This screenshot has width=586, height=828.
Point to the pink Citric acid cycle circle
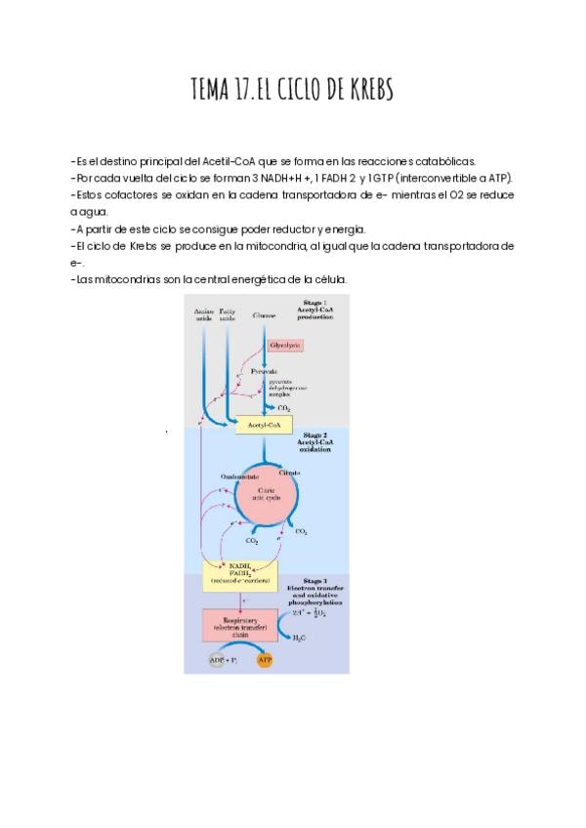[266, 494]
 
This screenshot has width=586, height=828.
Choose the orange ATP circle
[265, 660]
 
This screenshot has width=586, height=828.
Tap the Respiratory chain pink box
[239, 625]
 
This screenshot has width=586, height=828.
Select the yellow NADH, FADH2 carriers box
[239, 573]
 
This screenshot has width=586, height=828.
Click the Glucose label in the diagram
[264, 316]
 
